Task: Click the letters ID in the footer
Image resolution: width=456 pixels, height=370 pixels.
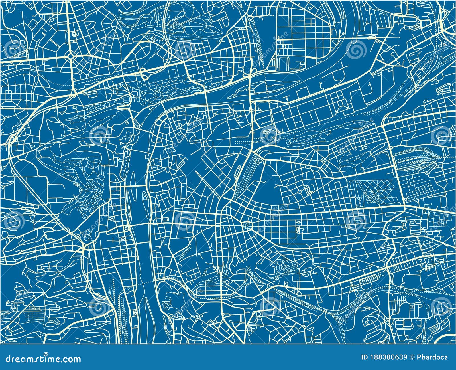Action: [364, 357]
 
